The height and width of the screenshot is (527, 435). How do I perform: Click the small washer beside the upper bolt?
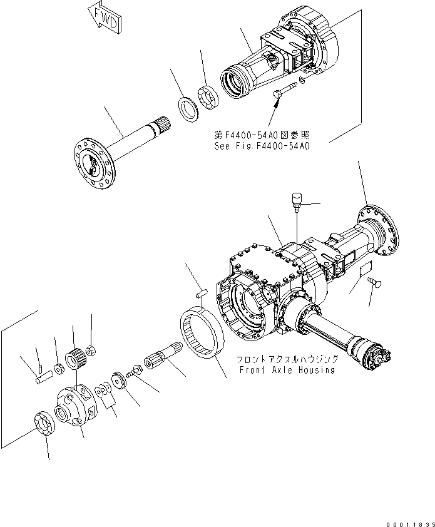point(303,81)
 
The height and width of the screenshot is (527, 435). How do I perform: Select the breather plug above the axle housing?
point(296,200)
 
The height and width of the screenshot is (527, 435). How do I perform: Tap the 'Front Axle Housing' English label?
point(287,370)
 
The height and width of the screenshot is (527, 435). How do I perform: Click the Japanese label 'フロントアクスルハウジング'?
point(287,359)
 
